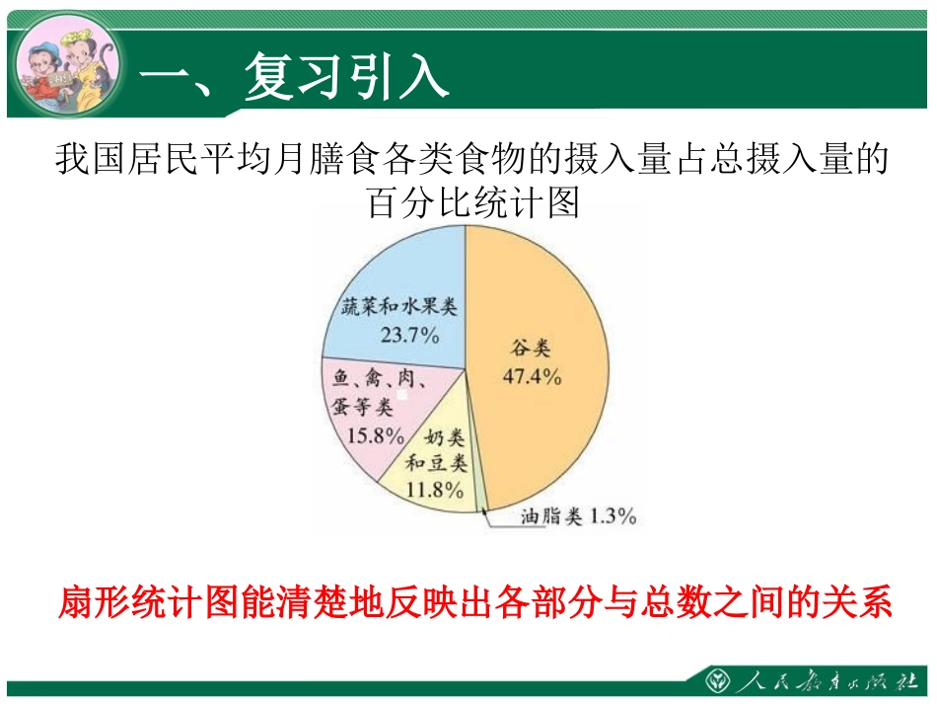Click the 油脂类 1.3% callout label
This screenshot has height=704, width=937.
point(578,515)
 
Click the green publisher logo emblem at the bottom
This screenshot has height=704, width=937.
point(717,681)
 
